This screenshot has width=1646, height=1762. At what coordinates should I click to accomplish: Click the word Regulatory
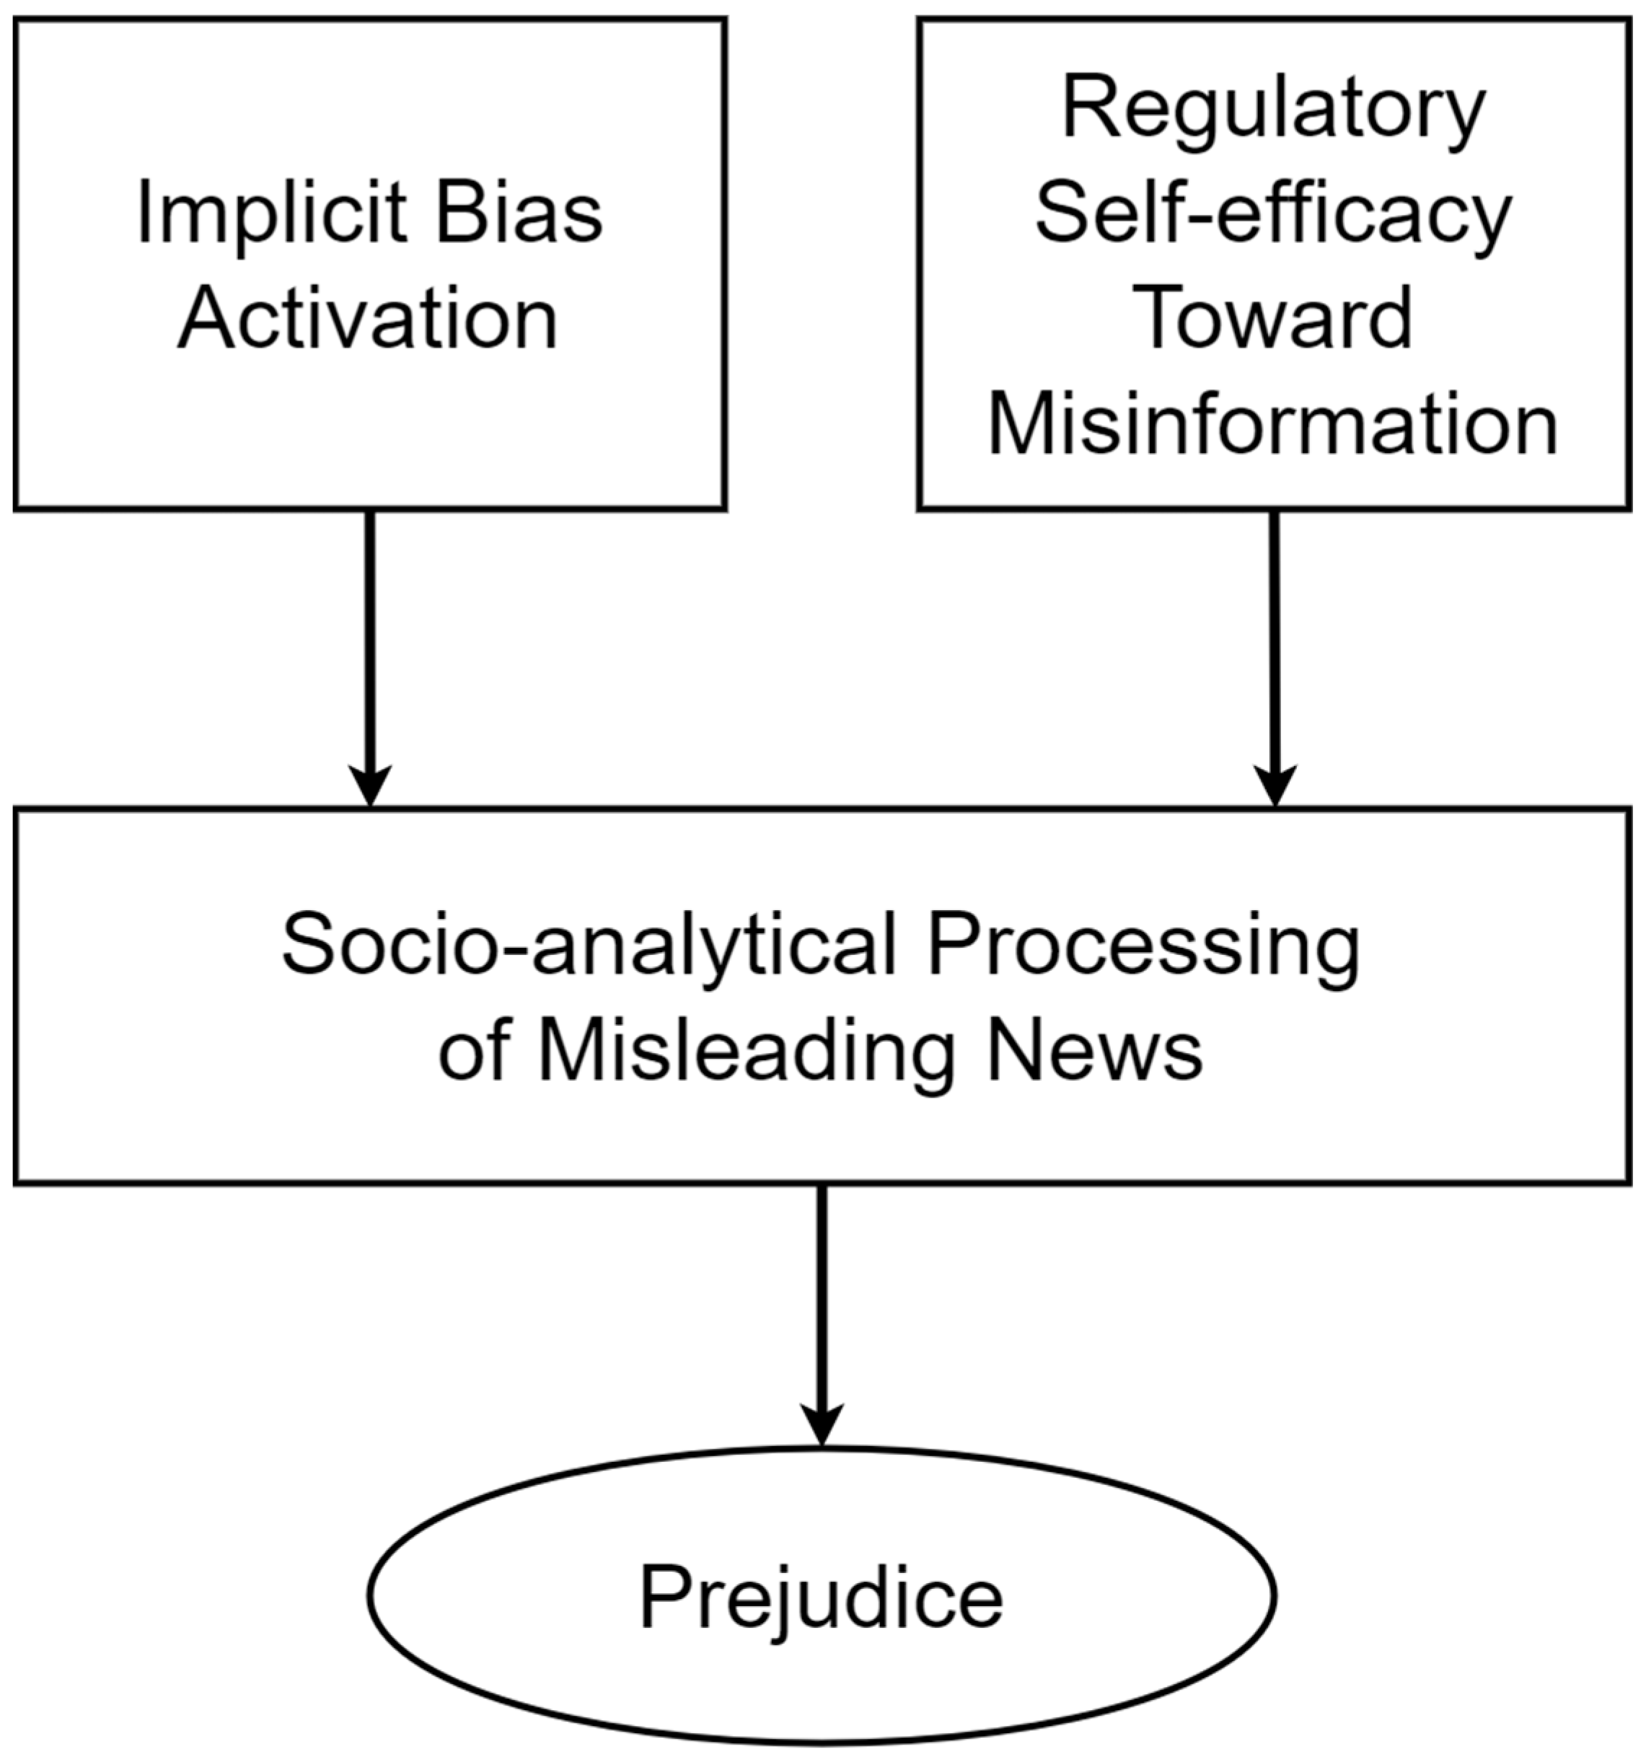[1273, 110]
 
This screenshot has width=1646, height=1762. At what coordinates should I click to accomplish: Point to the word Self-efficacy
[1273, 216]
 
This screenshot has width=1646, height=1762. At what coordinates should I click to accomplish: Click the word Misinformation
[1273, 426]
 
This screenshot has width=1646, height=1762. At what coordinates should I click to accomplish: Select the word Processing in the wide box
[1143, 946]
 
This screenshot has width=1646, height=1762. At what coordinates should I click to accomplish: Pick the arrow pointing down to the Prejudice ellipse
[822, 1303]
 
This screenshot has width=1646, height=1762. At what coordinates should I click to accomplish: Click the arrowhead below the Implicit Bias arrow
[369, 785]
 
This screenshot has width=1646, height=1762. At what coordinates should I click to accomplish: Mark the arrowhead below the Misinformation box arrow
[1274, 785]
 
